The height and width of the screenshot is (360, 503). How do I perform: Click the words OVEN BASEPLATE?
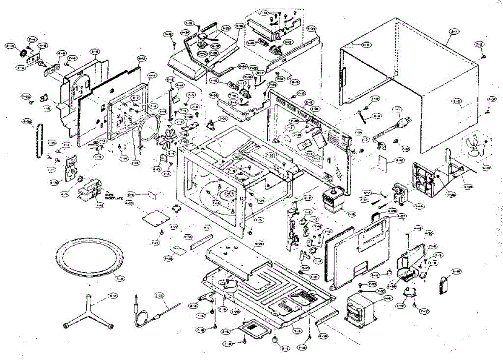click(x=112, y=197)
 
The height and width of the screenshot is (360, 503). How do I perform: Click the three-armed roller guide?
click(x=87, y=312)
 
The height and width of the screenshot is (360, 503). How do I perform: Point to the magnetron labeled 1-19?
click(x=334, y=201)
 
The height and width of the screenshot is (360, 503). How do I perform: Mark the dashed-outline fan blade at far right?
click(x=476, y=150)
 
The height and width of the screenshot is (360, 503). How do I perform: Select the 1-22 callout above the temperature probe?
click(x=159, y=295)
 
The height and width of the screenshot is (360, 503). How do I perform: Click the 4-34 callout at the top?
click(x=311, y=29)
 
